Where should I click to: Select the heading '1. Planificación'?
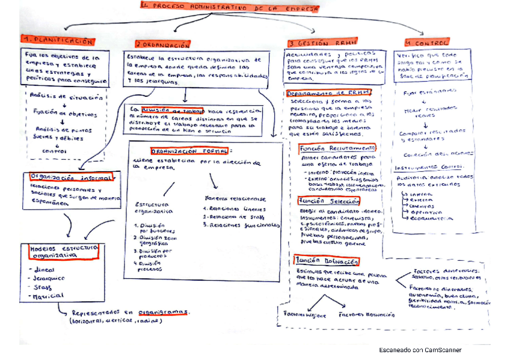[58, 41]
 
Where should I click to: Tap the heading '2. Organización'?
[162, 44]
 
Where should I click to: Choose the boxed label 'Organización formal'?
[189, 151]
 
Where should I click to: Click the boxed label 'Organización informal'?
[70, 177]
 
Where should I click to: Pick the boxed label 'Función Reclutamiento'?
[337, 147]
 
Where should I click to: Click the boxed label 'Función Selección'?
[329, 201]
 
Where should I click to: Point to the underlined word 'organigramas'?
[162, 312]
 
